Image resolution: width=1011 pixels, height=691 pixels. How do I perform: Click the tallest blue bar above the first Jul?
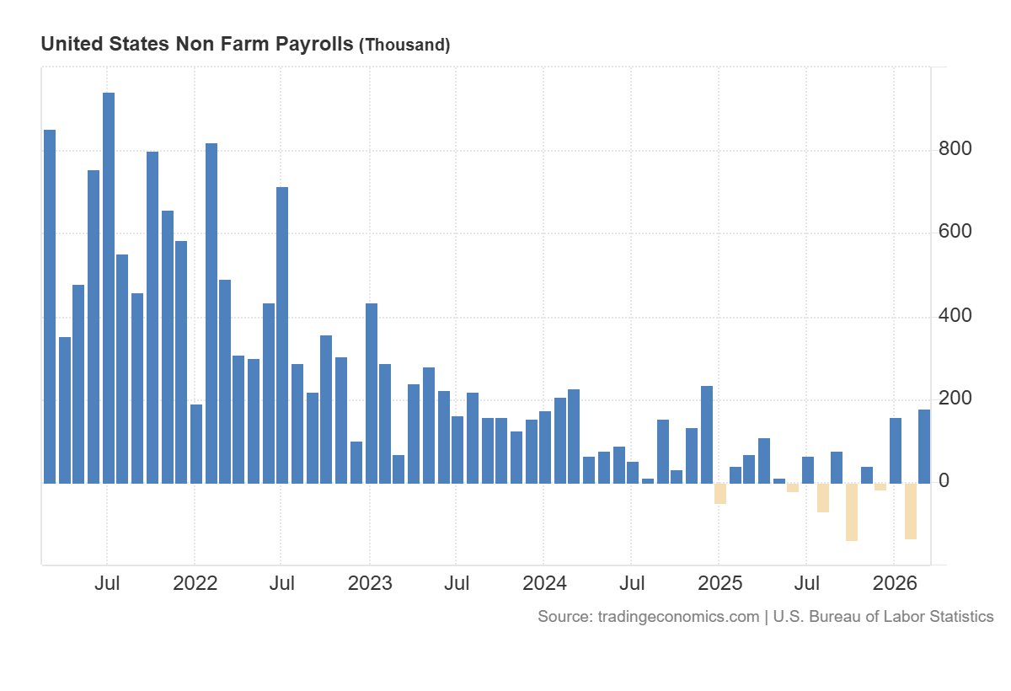coord(109,287)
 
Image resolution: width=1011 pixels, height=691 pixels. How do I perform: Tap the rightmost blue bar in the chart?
coord(924,447)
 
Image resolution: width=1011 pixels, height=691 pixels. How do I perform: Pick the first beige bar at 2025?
coord(720,494)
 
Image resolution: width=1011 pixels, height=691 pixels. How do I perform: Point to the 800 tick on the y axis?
coord(955,149)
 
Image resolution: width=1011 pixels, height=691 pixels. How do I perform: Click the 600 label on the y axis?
coord(955,232)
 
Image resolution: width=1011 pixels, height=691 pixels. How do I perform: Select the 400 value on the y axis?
coord(955,316)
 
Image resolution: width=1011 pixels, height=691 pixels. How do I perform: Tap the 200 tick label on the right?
coord(955,398)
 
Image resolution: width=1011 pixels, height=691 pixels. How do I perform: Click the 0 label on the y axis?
coord(944,481)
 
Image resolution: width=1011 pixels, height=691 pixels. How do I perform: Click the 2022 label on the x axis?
coord(195,583)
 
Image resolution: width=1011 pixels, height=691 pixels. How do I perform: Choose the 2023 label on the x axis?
coord(369,583)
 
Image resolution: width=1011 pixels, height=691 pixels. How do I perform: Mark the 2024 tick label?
coord(543,583)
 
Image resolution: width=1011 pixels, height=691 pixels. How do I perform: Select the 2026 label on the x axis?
coord(893,583)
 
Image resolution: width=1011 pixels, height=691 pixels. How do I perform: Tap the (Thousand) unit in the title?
coord(404,46)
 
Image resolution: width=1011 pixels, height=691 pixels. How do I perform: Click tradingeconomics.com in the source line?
coord(678,617)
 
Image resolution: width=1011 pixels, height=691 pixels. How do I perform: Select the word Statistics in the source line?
coord(960,617)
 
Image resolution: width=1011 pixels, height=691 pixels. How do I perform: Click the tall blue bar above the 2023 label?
coord(372,393)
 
